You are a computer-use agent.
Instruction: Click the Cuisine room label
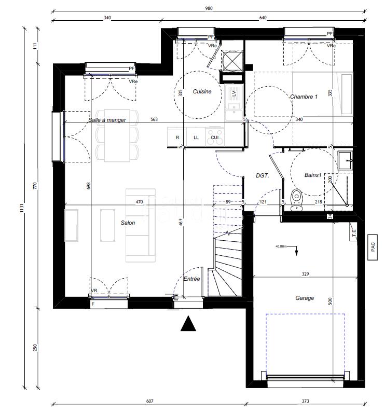point(202,92)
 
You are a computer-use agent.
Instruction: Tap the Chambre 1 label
point(304,97)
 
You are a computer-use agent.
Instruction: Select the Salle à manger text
point(106,120)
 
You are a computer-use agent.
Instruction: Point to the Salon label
point(128,223)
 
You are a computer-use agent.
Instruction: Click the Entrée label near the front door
point(191,279)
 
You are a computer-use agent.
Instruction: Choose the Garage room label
point(305,298)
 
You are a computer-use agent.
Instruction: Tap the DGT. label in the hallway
point(263,176)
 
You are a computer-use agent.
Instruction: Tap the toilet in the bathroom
point(296,199)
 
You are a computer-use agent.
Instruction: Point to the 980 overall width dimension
point(209,8)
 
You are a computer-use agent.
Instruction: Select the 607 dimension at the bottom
point(149,401)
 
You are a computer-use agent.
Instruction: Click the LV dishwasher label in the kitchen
point(234,93)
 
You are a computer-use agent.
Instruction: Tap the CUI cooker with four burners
point(215,137)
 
